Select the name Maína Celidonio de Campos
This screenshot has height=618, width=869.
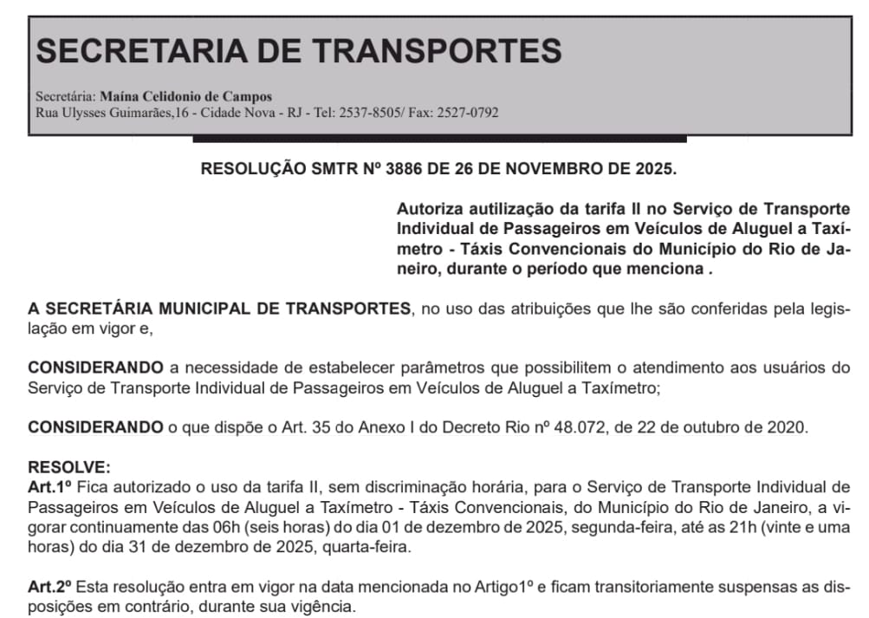[x=186, y=96]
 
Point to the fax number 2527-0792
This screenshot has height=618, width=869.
[x=467, y=113]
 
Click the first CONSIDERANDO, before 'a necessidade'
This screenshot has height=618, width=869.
[x=95, y=368]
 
